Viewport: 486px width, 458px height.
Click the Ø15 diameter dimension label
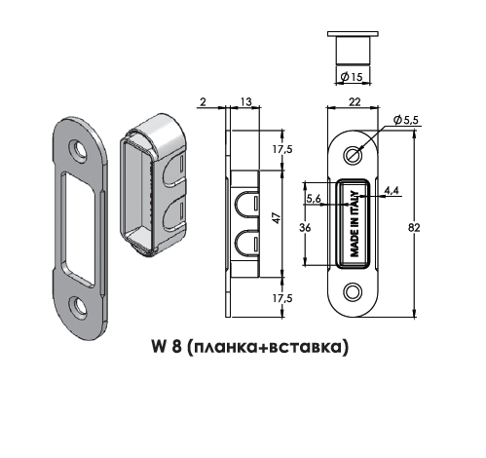click(352, 77)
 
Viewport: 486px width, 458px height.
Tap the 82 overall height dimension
click(414, 228)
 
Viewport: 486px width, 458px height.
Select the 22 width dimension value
click(355, 102)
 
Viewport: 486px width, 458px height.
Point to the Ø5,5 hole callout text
click(405, 120)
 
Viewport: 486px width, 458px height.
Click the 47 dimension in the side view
click(277, 218)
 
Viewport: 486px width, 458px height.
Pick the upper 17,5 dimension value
click(282, 149)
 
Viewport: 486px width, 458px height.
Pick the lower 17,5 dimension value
click(282, 298)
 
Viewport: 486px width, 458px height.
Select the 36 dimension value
click(305, 228)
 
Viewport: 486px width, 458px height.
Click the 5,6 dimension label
click(314, 198)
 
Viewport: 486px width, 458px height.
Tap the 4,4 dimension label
click(391, 190)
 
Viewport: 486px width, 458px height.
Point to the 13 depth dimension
click(245, 101)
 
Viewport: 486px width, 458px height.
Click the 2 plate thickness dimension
click(203, 102)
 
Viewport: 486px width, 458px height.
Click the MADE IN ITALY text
click(355, 224)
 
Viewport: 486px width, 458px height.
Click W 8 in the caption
click(166, 346)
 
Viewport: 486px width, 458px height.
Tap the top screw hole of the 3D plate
click(78, 150)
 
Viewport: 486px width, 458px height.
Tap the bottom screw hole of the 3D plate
click(78, 306)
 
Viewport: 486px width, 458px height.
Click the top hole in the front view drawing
click(353, 155)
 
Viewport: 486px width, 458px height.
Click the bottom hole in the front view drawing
click(353, 291)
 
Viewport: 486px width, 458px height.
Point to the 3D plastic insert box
click(153, 184)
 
